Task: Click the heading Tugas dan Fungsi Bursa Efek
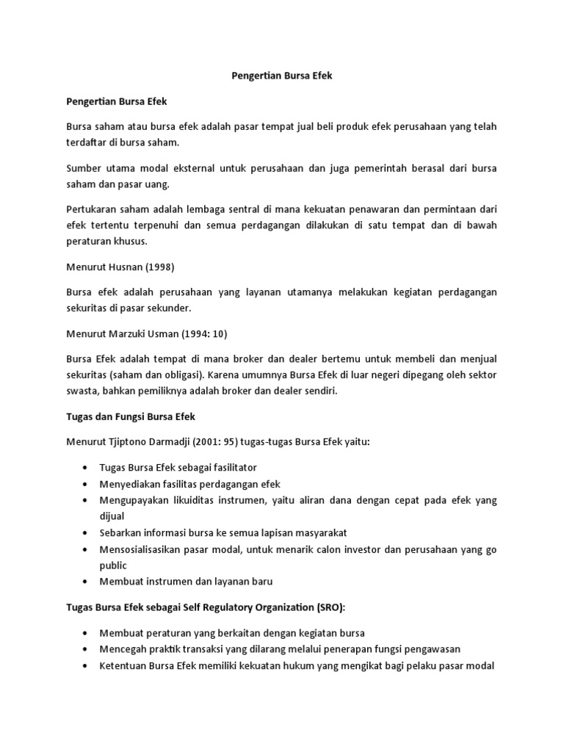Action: click(x=131, y=416)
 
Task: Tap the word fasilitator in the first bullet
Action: click(x=228, y=467)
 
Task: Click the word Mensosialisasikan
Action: click(x=141, y=549)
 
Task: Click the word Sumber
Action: click(x=83, y=168)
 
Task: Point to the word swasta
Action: click(x=82, y=391)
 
